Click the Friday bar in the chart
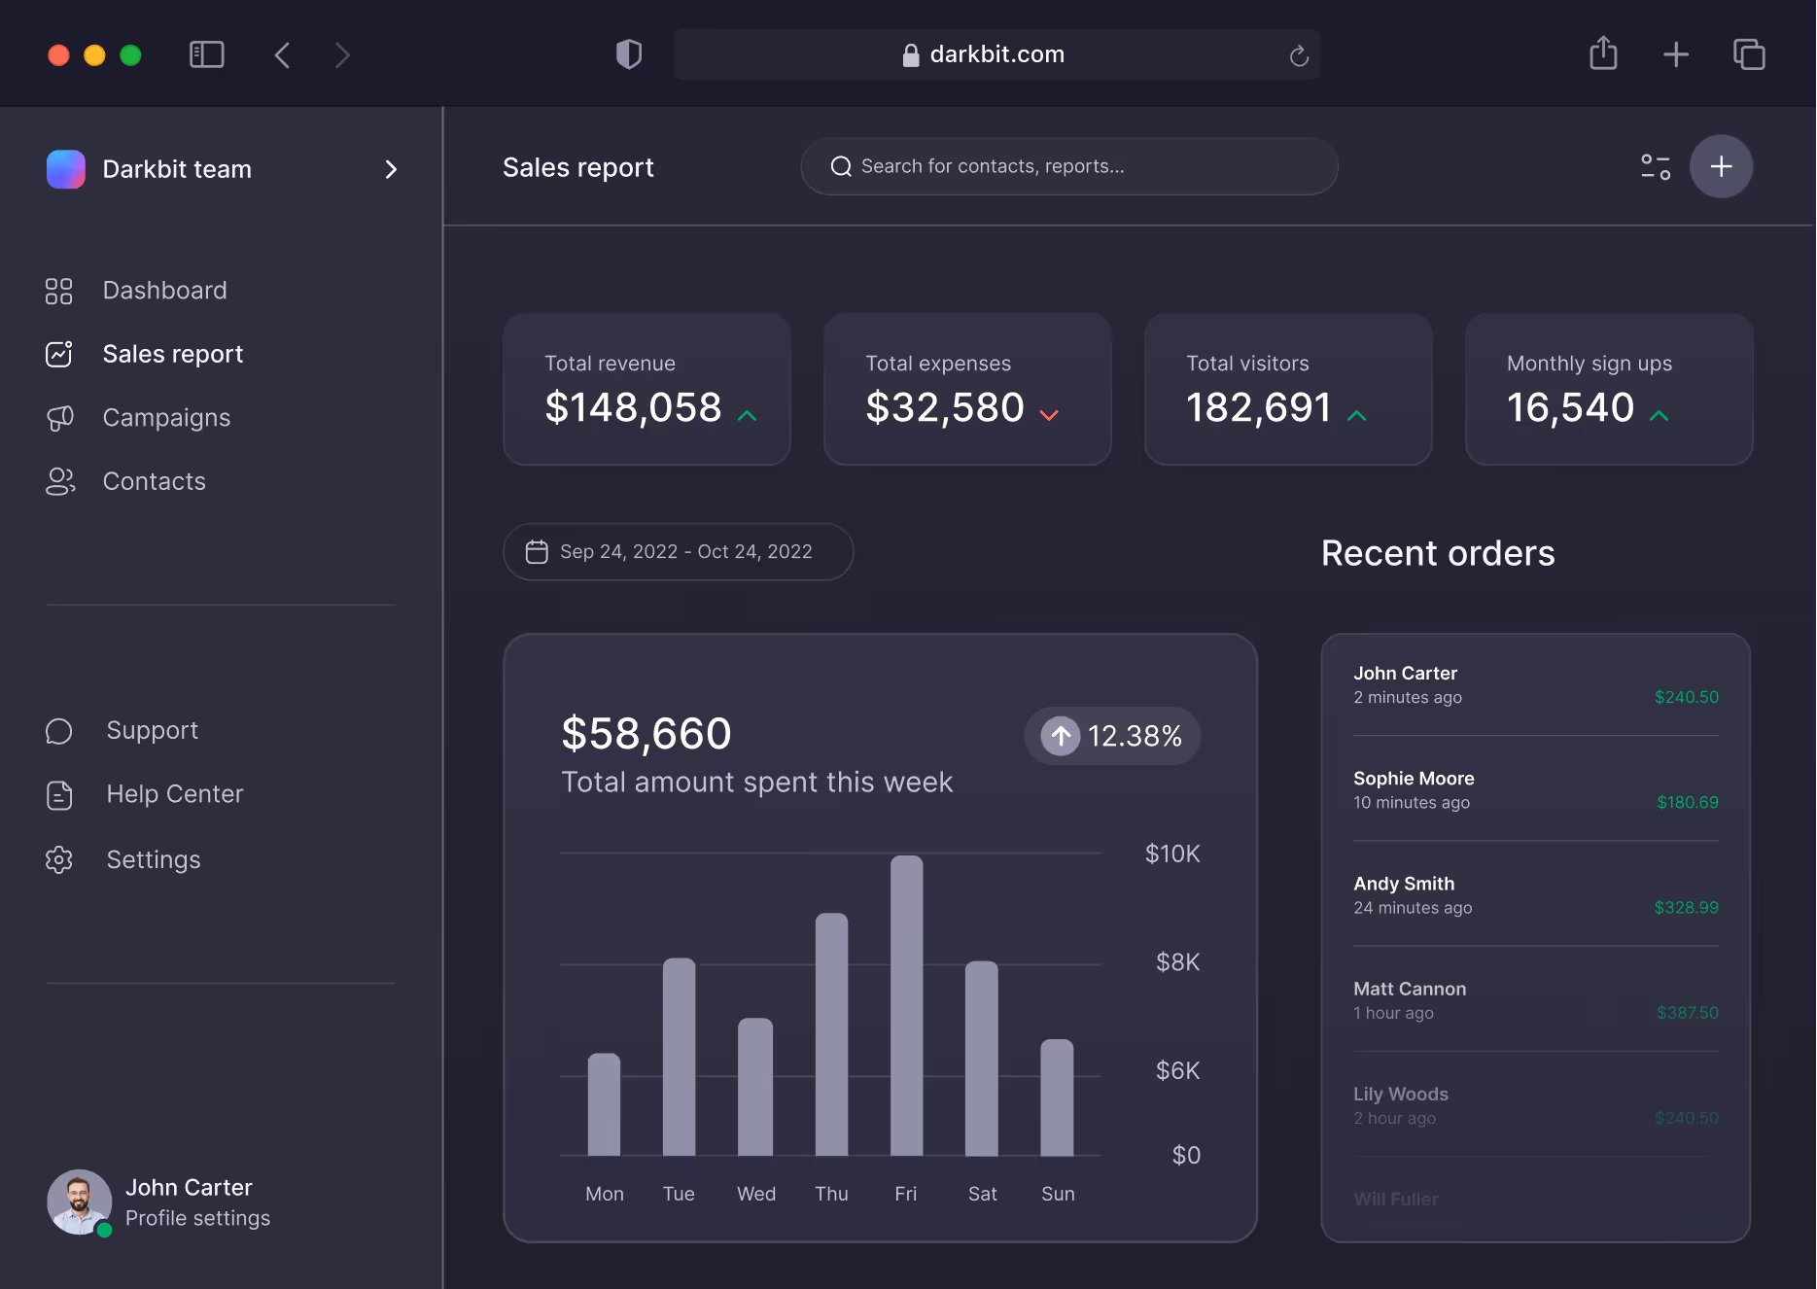click(906, 1006)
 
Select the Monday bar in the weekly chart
click(604, 1104)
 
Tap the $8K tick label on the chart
click(1176, 962)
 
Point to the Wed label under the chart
click(755, 1194)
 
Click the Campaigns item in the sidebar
click(166, 418)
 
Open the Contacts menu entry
click(154, 481)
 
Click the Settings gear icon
click(59, 859)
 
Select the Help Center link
click(174, 794)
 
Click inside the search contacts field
click(1069, 166)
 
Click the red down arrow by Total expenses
click(1048, 415)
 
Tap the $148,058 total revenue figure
click(633, 407)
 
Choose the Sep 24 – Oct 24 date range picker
click(678, 552)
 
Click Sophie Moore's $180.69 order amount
click(1687, 802)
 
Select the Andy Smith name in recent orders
click(1404, 884)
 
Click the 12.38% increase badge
click(1112, 736)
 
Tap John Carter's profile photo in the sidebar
click(79, 1202)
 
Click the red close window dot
click(58, 55)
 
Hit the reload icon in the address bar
click(1299, 55)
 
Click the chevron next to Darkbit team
click(391, 169)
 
